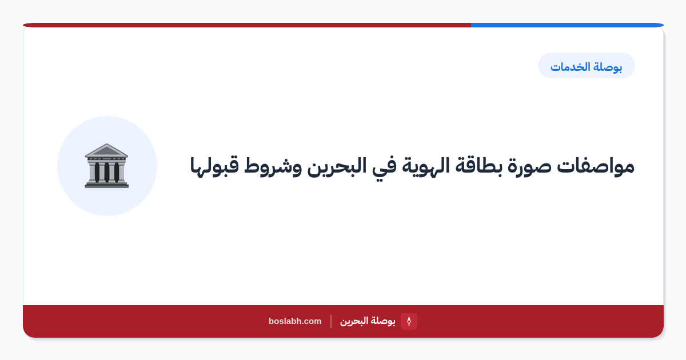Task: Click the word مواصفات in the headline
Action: (595, 166)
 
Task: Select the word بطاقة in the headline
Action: (478, 166)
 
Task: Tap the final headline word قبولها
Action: (214, 166)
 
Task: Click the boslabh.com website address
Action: (295, 321)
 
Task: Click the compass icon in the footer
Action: (409, 321)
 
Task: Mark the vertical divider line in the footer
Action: (331, 321)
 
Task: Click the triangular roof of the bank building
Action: (106, 150)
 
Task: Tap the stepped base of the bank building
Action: (106, 183)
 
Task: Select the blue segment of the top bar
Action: (567, 25)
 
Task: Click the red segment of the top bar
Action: (247, 25)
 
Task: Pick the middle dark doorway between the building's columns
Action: (107, 172)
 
